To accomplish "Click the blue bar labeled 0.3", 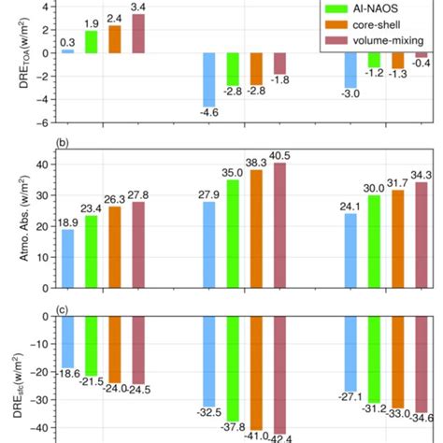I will click(x=67, y=50).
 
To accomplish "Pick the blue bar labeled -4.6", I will click(x=209, y=80).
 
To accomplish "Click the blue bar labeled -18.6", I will click(x=67, y=342).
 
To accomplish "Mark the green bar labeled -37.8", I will click(x=233, y=370).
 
